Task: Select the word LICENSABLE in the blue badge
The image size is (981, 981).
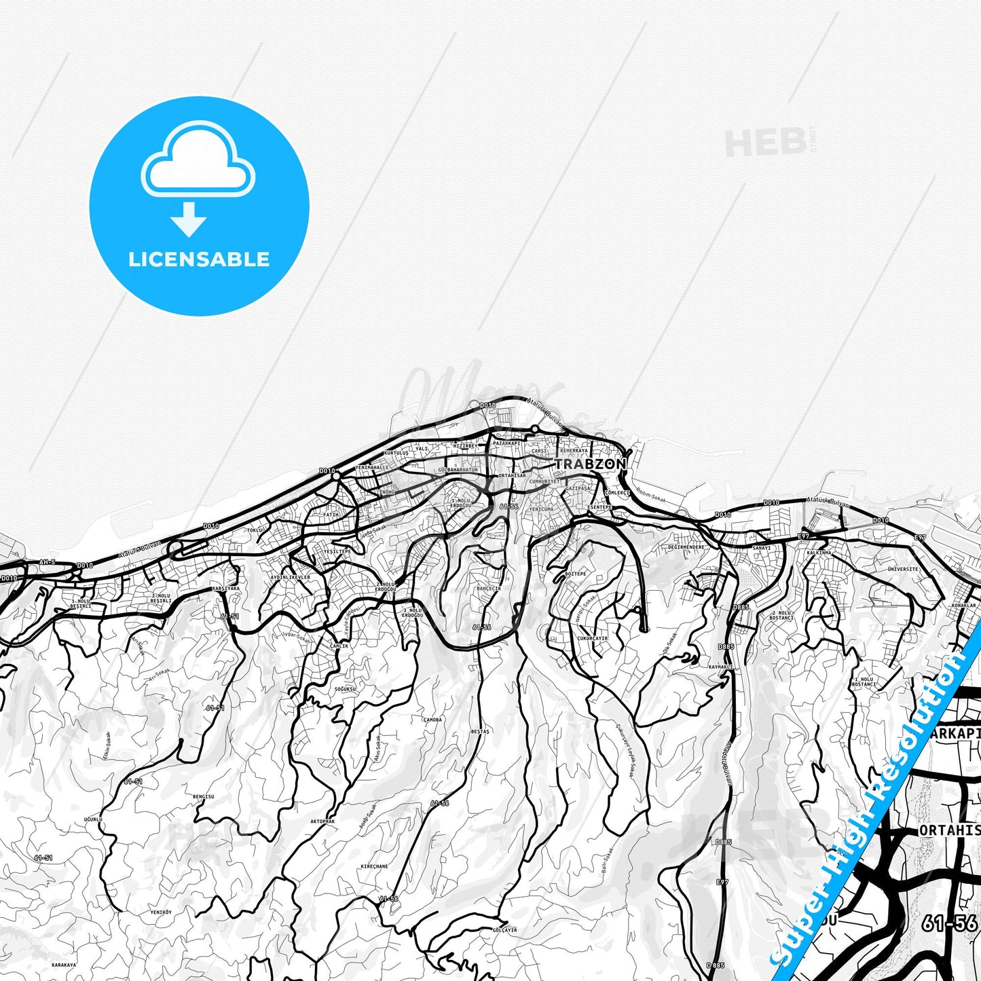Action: (199, 259)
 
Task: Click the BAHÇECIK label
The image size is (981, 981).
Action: (489, 589)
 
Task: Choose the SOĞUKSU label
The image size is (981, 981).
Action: (345, 688)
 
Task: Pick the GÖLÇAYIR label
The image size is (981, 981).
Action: (505, 930)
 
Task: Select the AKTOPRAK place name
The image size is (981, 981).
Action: (322, 821)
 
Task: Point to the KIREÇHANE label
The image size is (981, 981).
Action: (374, 866)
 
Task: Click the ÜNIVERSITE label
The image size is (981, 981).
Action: (903, 569)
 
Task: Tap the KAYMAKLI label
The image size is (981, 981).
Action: (720, 667)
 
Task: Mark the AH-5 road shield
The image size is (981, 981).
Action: (47, 562)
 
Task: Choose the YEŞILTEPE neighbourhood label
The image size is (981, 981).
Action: (338, 551)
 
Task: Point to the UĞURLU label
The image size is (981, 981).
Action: (92, 819)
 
